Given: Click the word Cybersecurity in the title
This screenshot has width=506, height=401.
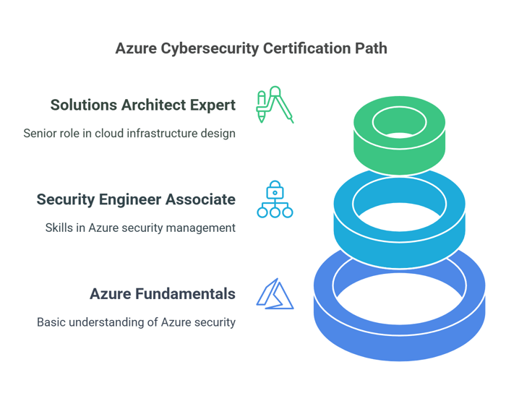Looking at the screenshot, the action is click(x=210, y=49).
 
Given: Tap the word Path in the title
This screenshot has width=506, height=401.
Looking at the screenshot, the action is click(x=371, y=48).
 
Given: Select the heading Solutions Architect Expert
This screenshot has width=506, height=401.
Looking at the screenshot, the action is click(x=143, y=105).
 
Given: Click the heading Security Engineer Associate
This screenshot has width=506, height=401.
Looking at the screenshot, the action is click(x=136, y=199).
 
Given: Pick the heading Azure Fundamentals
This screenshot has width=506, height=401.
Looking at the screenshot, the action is click(x=163, y=294).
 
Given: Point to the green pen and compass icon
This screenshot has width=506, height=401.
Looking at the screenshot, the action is click(x=275, y=105).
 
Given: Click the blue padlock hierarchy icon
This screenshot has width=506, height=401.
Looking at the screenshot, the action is click(x=275, y=199).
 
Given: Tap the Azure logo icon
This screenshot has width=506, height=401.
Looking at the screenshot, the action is click(x=275, y=293).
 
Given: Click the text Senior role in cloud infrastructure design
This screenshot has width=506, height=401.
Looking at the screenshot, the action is click(x=129, y=134).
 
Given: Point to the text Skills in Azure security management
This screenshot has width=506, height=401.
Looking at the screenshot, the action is click(x=140, y=228).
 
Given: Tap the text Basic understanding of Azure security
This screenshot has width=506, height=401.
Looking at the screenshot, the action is click(x=136, y=322).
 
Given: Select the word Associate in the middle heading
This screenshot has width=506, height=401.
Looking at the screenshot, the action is click(x=200, y=199).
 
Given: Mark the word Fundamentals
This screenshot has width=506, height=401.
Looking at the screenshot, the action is click(x=185, y=294).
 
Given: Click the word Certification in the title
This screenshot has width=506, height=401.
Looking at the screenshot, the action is click(x=307, y=48).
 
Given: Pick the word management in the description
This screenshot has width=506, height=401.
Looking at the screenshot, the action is click(x=201, y=228).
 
